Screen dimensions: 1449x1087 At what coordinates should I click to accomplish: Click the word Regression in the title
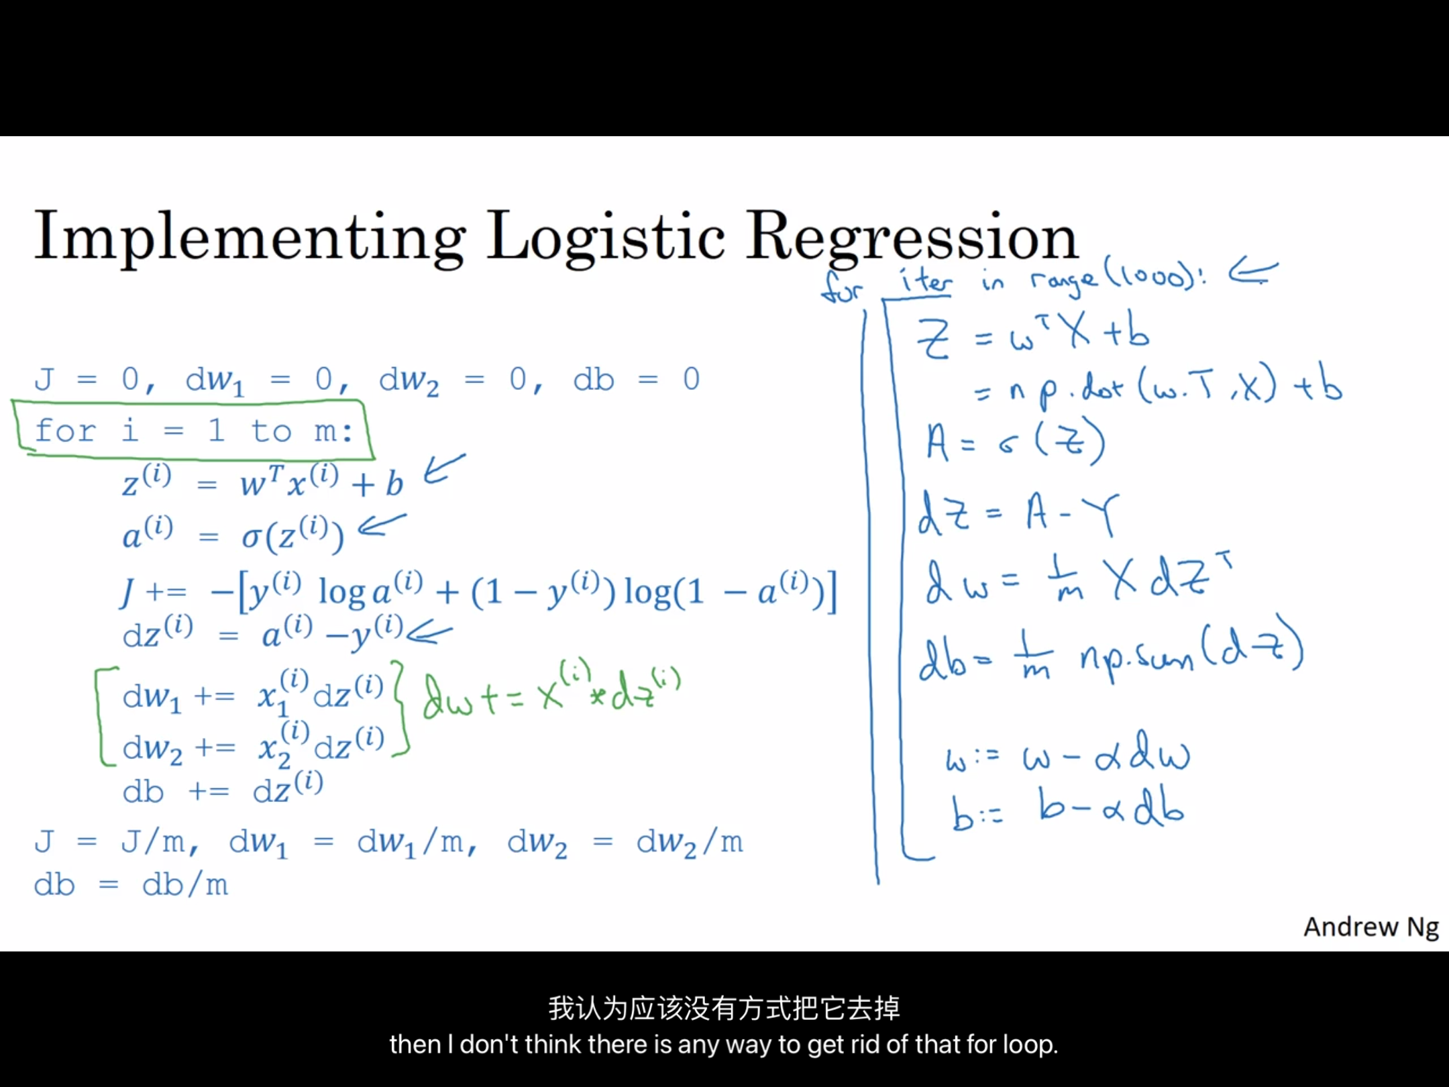click(x=912, y=238)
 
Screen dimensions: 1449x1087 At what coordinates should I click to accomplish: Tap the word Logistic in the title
click(x=606, y=238)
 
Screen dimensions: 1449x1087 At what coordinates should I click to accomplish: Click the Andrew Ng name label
click(x=1371, y=927)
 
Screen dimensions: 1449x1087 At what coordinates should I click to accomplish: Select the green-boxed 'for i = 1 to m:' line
click(x=194, y=430)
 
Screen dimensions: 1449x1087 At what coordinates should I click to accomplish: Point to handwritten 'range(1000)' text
click(x=1117, y=276)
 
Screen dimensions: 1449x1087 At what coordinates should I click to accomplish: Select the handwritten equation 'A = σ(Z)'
click(x=1015, y=442)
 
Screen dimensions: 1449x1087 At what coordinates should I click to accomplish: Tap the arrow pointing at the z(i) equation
click(x=444, y=468)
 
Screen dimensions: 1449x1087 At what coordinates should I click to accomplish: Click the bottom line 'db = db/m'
click(x=131, y=884)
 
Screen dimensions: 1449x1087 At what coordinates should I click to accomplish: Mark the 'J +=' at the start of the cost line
click(x=153, y=592)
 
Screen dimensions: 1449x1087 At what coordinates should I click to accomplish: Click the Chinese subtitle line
click(x=724, y=1008)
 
